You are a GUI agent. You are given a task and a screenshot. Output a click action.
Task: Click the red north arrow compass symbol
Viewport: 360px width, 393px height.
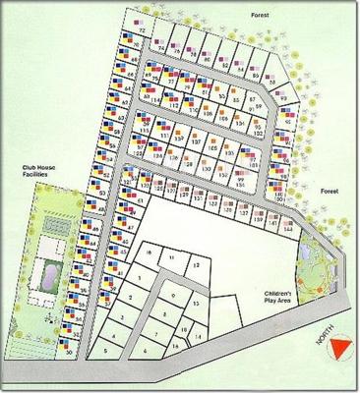pos(340,349)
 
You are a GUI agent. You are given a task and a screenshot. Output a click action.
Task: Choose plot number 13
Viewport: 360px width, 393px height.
pos(196,305)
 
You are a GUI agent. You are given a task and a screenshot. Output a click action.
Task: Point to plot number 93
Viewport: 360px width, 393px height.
pos(283,97)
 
